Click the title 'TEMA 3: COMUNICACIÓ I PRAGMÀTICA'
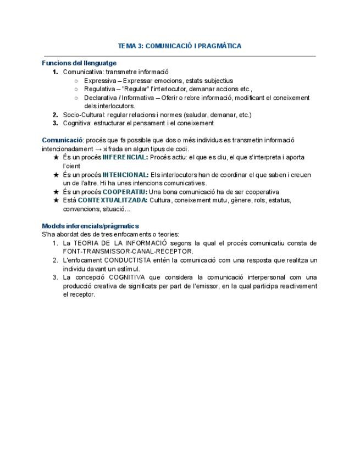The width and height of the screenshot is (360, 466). coord(180,46)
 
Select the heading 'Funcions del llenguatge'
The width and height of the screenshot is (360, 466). coord(79,63)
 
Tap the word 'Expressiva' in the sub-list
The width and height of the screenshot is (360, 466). coord(99,81)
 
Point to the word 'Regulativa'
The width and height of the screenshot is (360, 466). coord(99,89)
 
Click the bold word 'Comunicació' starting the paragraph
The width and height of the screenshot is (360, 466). coord(62,140)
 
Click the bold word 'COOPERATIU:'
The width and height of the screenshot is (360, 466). coord(125,192)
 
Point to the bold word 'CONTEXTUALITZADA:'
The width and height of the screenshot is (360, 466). coord(113,200)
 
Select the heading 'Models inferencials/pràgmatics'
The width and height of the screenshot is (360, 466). coord(91,226)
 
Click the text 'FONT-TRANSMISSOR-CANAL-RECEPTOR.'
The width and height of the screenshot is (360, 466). coord(128,251)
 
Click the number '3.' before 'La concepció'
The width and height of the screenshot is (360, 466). coord(55,277)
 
